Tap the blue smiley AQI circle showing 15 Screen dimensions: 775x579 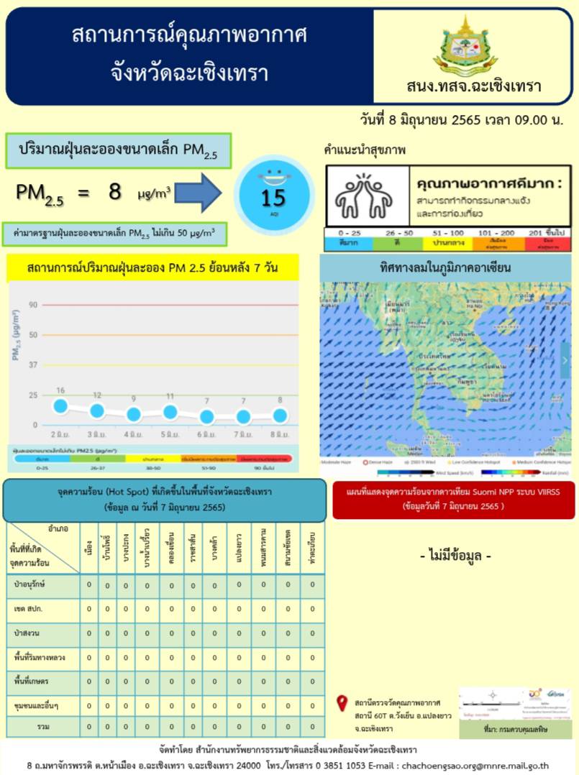tap(273, 191)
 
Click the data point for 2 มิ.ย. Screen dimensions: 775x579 tap(60, 406)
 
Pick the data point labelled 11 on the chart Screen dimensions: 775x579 tap(170, 412)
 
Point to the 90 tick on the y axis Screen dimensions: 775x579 tap(33, 305)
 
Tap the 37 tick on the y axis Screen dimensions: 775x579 tap(33, 364)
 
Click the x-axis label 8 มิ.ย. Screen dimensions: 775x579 tap(279, 435)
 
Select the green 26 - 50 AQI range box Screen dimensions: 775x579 tap(399, 239)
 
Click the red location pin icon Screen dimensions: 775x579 tap(342, 703)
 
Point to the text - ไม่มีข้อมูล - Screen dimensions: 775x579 tap(455, 556)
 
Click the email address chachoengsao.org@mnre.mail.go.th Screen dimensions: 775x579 tap(470, 766)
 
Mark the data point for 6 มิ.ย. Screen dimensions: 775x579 tap(207, 417)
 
